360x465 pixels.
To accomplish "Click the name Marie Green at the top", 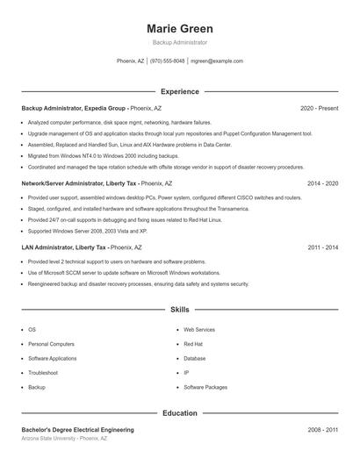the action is (179, 28).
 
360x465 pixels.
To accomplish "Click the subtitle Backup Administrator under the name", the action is (179, 42).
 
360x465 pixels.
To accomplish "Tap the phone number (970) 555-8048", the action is (167, 61).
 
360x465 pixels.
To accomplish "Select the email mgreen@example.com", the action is (217, 61).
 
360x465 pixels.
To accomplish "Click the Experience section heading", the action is (179, 91).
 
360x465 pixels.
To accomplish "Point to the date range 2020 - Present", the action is (319, 108).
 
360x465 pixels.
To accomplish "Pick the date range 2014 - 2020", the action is (322, 183).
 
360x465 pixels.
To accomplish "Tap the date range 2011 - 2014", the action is (322, 247).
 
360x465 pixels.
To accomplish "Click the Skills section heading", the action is (179, 310).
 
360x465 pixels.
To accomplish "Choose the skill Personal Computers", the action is (51, 344).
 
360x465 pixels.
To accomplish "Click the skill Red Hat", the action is (193, 344).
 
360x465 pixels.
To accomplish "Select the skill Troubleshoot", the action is (43, 372).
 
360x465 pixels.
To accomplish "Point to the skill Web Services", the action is (198, 330).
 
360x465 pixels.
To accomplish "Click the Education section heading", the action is (179, 412).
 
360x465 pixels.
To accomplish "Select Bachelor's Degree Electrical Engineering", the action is (77, 430).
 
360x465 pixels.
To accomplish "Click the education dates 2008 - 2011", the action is (322, 430).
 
